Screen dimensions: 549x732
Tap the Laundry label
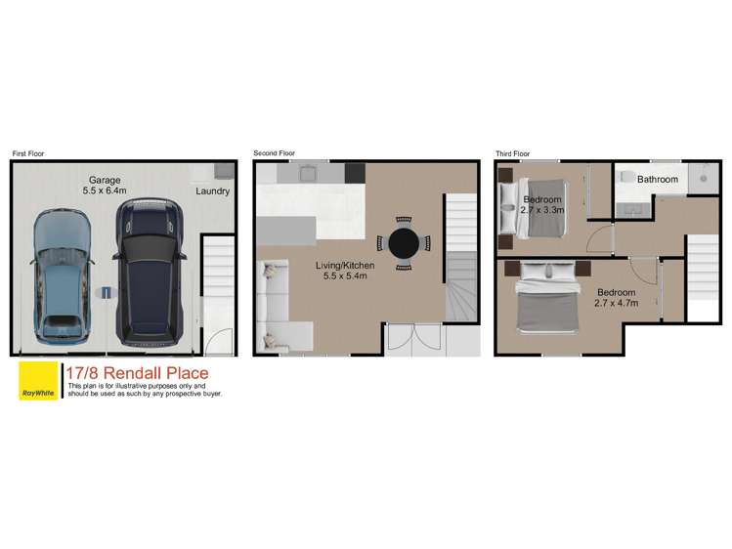[x=212, y=191]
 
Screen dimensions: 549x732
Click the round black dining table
[x=406, y=243]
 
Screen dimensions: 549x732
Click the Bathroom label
[x=658, y=180]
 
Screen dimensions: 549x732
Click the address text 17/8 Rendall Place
[x=136, y=372]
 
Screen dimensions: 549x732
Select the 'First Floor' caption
[x=28, y=153]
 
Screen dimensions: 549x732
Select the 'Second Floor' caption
[x=274, y=153]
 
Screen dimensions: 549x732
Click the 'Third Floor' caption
[x=512, y=153]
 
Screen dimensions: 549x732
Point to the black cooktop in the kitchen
[x=354, y=172]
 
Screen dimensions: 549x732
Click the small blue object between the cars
[x=107, y=291]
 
